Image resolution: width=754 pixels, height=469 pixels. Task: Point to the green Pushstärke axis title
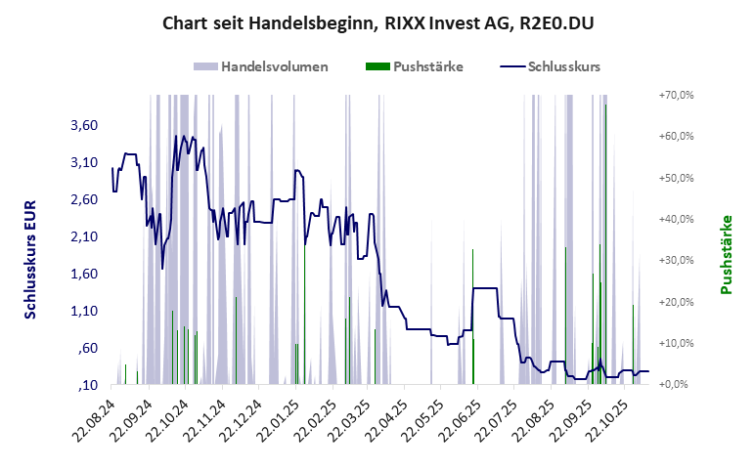(x=727, y=254)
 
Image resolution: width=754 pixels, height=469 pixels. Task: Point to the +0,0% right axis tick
(x=678, y=384)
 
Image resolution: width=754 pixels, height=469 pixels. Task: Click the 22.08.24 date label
(x=98, y=418)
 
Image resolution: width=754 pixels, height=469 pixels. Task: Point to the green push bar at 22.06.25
(x=473, y=361)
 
